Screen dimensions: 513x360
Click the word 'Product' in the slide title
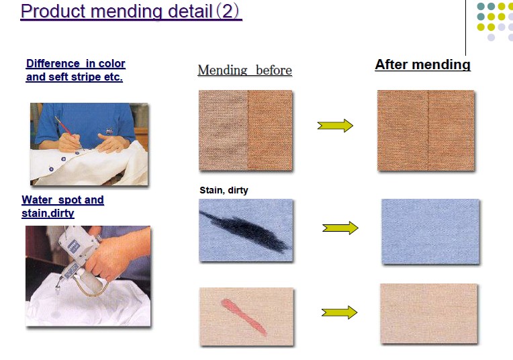[x=52, y=11]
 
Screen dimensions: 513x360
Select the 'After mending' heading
[x=423, y=64]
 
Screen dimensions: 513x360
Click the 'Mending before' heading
[x=244, y=70]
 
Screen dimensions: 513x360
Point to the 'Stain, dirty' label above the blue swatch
[x=224, y=190]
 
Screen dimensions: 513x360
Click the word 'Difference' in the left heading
[x=53, y=63]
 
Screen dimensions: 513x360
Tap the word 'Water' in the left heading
[x=37, y=199]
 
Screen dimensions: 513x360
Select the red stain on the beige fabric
[x=244, y=316]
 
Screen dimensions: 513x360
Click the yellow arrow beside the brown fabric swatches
[x=335, y=126]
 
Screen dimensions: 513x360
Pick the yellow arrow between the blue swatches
[x=340, y=228]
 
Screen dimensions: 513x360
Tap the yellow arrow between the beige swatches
[x=339, y=312]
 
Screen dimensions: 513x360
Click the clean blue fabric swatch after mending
[x=430, y=231]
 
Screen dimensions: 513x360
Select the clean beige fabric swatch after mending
[x=428, y=314]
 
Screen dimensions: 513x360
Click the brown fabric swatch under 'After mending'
[x=426, y=130]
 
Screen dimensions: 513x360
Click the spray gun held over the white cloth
[x=80, y=262]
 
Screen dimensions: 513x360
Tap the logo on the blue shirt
[x=109, y=131]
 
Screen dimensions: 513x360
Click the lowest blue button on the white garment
[x=51, y=169]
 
